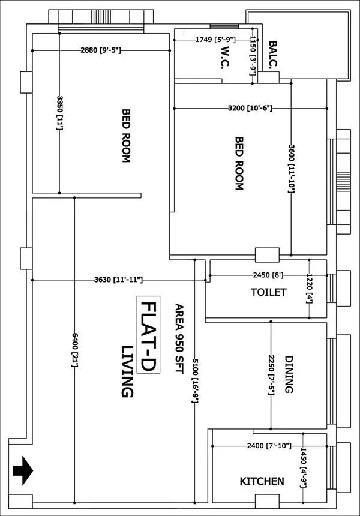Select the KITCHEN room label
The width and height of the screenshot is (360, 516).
(262, 481)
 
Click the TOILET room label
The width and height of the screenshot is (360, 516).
(268, 292)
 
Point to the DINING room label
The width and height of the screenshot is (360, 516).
(289, 374)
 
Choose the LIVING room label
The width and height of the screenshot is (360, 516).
(127, 371)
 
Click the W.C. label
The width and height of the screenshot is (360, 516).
(217, 60)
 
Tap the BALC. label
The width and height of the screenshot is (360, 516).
(273, 55)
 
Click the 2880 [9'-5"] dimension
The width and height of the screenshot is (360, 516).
(101, 50)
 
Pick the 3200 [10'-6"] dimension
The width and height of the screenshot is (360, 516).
(250, 109)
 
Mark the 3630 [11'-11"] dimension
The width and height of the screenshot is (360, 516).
(118, 280)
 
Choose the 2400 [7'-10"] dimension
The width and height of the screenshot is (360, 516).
(269, 446)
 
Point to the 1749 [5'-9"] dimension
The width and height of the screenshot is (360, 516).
(215, 40)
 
